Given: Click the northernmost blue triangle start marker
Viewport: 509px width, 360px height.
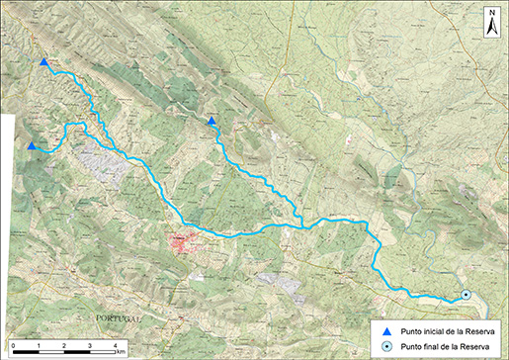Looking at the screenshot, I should pyautogui.click(x=43, y=63).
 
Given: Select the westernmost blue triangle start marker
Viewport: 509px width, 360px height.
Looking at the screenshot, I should pyautogui.click(x=33, y=146).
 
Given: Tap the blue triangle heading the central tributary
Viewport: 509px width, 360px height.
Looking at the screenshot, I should pyautogui.click(x=212, y=121).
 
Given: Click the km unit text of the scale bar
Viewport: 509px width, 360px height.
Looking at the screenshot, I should pyautogui.click(x=122, y=351).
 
